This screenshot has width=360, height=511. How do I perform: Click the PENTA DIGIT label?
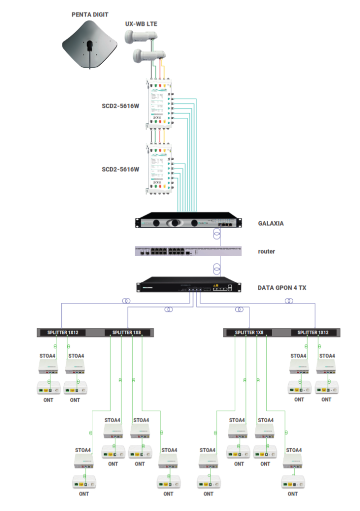pyautogui.click(x=90, y=15)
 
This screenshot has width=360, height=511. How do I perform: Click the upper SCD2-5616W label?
pyautogui.click(x=120, y=106)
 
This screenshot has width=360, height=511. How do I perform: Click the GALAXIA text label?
pyautogui.click(x=271, y=223)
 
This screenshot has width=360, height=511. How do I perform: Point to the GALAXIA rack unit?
pyautogui.click(x=187, y=223)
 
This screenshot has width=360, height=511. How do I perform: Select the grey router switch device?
pyautogui.click(x=187, y=251)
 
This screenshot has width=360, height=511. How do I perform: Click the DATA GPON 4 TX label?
pyautogui.click(x=282, y=288)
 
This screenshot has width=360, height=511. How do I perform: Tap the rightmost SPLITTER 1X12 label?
pyautogui.click(x=313, y=332)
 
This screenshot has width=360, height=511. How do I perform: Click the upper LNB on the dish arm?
pyautogui.click(x=141, y=36)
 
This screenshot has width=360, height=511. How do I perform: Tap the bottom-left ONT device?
pyautogui.click(x=84, y=483)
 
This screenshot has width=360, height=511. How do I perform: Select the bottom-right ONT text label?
pyautogui.click(x=293, y=494)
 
